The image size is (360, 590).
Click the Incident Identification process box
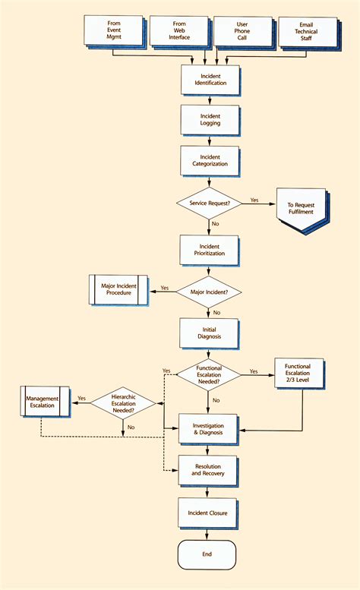coord(210,79)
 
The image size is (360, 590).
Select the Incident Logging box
coord(210,119)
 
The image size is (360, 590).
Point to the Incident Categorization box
coord(210,160)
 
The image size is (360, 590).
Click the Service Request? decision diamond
coord(209,204)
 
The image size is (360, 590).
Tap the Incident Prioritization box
coord(210,249)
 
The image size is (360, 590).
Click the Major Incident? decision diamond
coord(209,291)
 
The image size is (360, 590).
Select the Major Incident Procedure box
coord(118,290)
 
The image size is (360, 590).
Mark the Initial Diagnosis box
coord(210,333)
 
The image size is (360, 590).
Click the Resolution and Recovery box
coord(208,469)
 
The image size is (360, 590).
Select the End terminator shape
coord(207,554)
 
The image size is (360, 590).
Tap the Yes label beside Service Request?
coord(254,200)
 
